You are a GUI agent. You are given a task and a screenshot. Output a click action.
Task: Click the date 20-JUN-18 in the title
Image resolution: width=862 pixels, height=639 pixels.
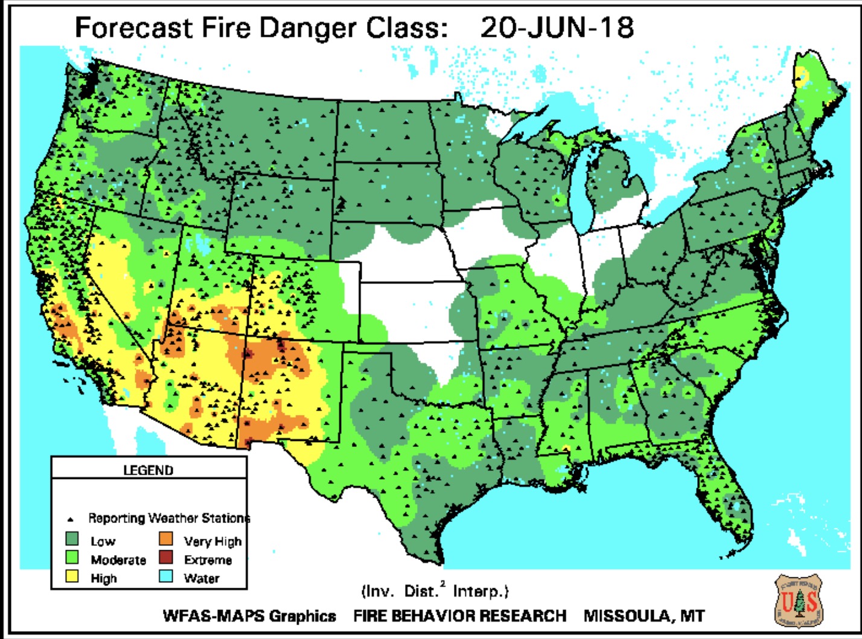(x=557, y=28)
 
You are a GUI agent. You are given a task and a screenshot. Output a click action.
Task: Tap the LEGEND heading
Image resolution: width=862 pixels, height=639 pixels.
(x=148, y=470)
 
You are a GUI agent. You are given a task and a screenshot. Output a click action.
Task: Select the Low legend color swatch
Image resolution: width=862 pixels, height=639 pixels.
(x=72, y=539)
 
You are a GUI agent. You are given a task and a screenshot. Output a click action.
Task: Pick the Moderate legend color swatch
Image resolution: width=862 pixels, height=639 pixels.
(x=72, y=558)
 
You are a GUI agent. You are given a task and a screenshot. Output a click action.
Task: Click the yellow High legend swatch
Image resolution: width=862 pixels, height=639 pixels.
(x=72, y=577)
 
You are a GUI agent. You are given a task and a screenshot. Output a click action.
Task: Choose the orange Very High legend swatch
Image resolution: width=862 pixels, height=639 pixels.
(x=166, y=539)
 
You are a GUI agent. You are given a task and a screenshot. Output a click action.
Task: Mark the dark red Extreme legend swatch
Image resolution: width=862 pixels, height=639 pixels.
(x=166, y=558)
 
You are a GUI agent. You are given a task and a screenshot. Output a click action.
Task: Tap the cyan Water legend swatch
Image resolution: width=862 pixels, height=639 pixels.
(x=166, y=577)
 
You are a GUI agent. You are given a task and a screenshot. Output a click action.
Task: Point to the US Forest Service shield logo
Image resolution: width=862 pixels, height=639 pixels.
(x=799, y=602)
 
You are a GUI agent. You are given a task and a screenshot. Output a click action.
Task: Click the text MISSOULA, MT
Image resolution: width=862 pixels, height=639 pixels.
(x=643, y=616)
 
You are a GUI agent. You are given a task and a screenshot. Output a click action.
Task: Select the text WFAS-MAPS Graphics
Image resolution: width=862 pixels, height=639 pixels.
(x=249, y=616)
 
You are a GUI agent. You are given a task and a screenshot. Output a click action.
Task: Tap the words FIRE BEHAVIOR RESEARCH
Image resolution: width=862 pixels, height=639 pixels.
(x=459, y=616)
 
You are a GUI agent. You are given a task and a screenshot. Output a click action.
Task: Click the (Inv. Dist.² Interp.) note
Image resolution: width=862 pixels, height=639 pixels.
(x=435, y=591)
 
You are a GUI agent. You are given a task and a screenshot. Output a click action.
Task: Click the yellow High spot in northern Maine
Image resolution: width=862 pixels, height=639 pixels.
(x=801, y=75)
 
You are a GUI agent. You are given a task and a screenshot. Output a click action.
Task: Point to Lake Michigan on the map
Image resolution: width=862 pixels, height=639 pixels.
(x=581, y=193)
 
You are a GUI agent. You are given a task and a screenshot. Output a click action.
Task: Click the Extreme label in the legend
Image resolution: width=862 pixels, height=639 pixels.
(x=208, y=560)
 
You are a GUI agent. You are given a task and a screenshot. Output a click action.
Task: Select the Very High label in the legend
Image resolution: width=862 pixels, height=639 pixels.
(x=212, y=541)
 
